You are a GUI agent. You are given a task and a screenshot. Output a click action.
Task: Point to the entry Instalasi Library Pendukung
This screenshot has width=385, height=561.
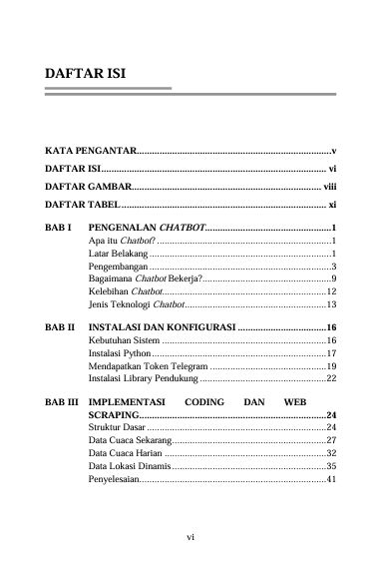coord(143,379)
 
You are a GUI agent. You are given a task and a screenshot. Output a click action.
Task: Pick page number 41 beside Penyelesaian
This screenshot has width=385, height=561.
coord(332,478)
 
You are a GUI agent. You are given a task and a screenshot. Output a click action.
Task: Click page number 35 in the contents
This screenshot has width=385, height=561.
coord(332,465)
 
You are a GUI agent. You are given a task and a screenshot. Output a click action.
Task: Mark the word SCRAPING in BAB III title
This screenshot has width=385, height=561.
coord(113,414)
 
